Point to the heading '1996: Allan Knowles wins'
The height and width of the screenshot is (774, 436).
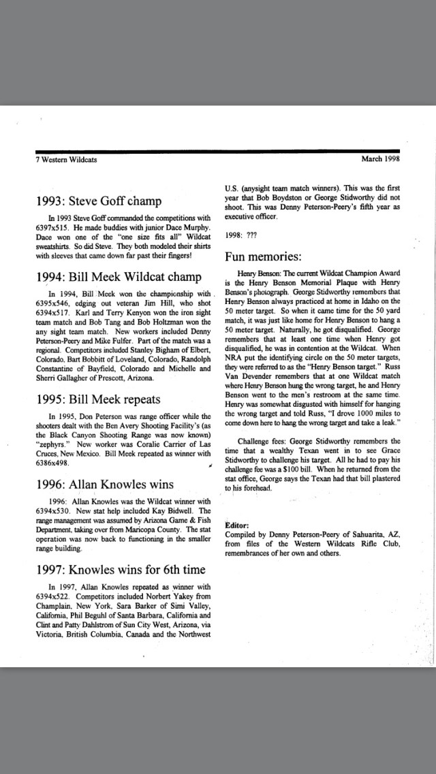[105, 484]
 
